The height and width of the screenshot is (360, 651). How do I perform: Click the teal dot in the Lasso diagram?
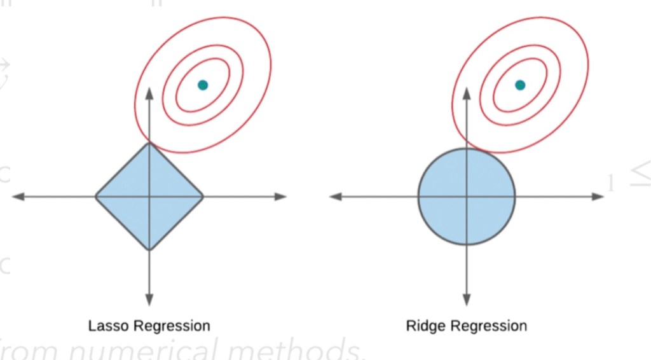point(203,85)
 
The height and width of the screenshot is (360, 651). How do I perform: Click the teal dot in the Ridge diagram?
point(520,85)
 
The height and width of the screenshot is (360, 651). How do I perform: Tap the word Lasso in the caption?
point(109,326)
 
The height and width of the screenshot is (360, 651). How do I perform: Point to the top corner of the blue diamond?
point(149,144)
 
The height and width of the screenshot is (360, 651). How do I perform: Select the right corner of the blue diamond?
point(203,197)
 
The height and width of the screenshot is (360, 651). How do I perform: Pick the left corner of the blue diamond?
point(96,197)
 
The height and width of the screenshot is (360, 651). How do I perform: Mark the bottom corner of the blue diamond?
point(149,249)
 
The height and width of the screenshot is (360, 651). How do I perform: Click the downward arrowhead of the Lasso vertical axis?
point(149,300)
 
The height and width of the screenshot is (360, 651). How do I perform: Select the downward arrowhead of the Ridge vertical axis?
point(467,300)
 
